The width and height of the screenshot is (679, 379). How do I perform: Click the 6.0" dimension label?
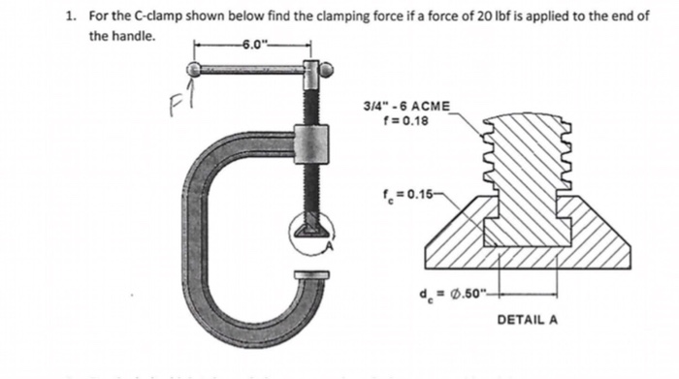pos(254,44)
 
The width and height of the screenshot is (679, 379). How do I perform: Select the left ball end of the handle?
pos(195,69)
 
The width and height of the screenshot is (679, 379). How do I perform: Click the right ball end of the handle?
pos(328,69)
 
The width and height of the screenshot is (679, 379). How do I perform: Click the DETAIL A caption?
pos(528,319)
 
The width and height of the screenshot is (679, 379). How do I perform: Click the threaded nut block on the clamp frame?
pos(311,144)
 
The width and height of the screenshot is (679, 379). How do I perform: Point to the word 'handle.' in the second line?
pos(133,35)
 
